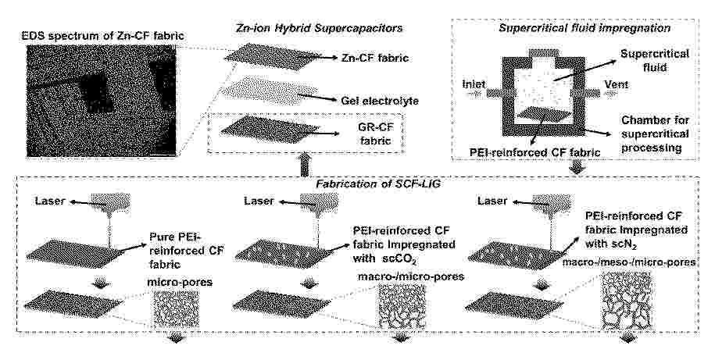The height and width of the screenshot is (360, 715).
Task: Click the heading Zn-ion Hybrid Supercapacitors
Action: pyautogui.click(x=320, y=28)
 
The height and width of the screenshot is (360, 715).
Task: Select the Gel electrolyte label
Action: pyautogui.click(x=379, y=99)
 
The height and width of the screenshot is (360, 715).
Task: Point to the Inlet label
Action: pyautogui.click(x=474, y=84)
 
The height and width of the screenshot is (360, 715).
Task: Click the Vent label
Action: pyautogui.click(x=616, y=84)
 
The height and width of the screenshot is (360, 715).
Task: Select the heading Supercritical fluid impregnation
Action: pyautogui.click(x=585, y=28)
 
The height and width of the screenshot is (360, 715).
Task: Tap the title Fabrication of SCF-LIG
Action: pyautogui.click(x=358, y=185)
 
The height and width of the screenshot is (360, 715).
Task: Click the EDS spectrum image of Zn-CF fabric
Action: pyautogui.click(x=102, y=100)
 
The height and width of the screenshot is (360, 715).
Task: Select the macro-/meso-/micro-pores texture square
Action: pyautogui.click(x=627, y=301)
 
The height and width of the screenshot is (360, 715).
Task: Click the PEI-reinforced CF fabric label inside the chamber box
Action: pyautogui.click(x=534, y=152)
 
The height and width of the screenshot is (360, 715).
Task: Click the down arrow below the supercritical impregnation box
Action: pyautogui.click(x=577, y=167)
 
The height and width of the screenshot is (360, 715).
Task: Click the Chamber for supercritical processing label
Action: pyautogui.click(x=655, y=134)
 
